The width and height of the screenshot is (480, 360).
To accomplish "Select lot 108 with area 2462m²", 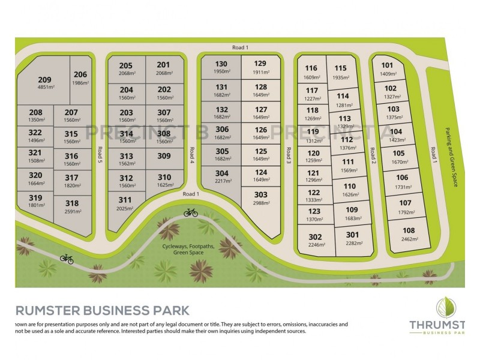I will pos(409,233).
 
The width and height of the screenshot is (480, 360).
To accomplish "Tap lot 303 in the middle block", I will pos(260,199).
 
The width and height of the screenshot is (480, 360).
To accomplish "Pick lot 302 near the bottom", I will pos(315,239).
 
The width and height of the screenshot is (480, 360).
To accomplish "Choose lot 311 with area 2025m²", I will pos(125,203).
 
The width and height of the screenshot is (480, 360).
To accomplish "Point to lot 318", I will pos(72,207).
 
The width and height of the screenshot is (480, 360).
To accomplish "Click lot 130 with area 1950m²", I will pos(221,67).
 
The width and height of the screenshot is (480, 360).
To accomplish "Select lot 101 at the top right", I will pos(388,69).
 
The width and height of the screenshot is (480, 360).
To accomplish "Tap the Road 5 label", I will pos(100,156).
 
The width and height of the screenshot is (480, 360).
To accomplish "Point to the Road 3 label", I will pos(288,155).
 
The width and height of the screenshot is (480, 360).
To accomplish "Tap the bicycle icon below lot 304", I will pos(191,212).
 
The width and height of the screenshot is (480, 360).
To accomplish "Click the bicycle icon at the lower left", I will pos(67,259).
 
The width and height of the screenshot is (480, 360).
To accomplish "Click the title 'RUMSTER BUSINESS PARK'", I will pos(102,311).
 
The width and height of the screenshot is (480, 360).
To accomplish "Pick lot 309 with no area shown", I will pos(164,156).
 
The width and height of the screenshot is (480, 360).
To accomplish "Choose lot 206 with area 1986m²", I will pos(80,78).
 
